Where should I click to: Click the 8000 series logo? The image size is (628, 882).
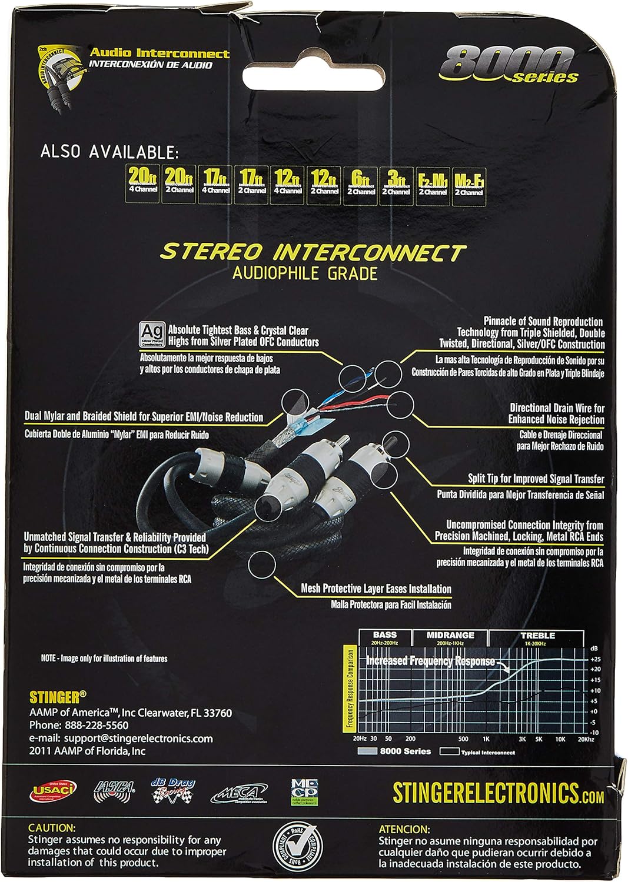click(x=510, y=65)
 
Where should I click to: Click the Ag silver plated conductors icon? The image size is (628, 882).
click(x=152, y=335)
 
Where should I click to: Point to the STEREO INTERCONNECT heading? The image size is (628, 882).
click(x=313, y=252)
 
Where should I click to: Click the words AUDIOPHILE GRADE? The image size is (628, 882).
click(x=304, y=273)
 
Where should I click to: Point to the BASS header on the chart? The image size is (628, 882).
click(x=384, y=635)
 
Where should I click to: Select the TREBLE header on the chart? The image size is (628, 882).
click(x=537, y=635)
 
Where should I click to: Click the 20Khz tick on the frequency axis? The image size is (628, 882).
click(x=586, y=739)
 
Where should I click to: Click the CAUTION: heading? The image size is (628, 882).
click(x=52, y=827)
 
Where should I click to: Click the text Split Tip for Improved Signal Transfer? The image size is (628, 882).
click(x=536, y=479)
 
